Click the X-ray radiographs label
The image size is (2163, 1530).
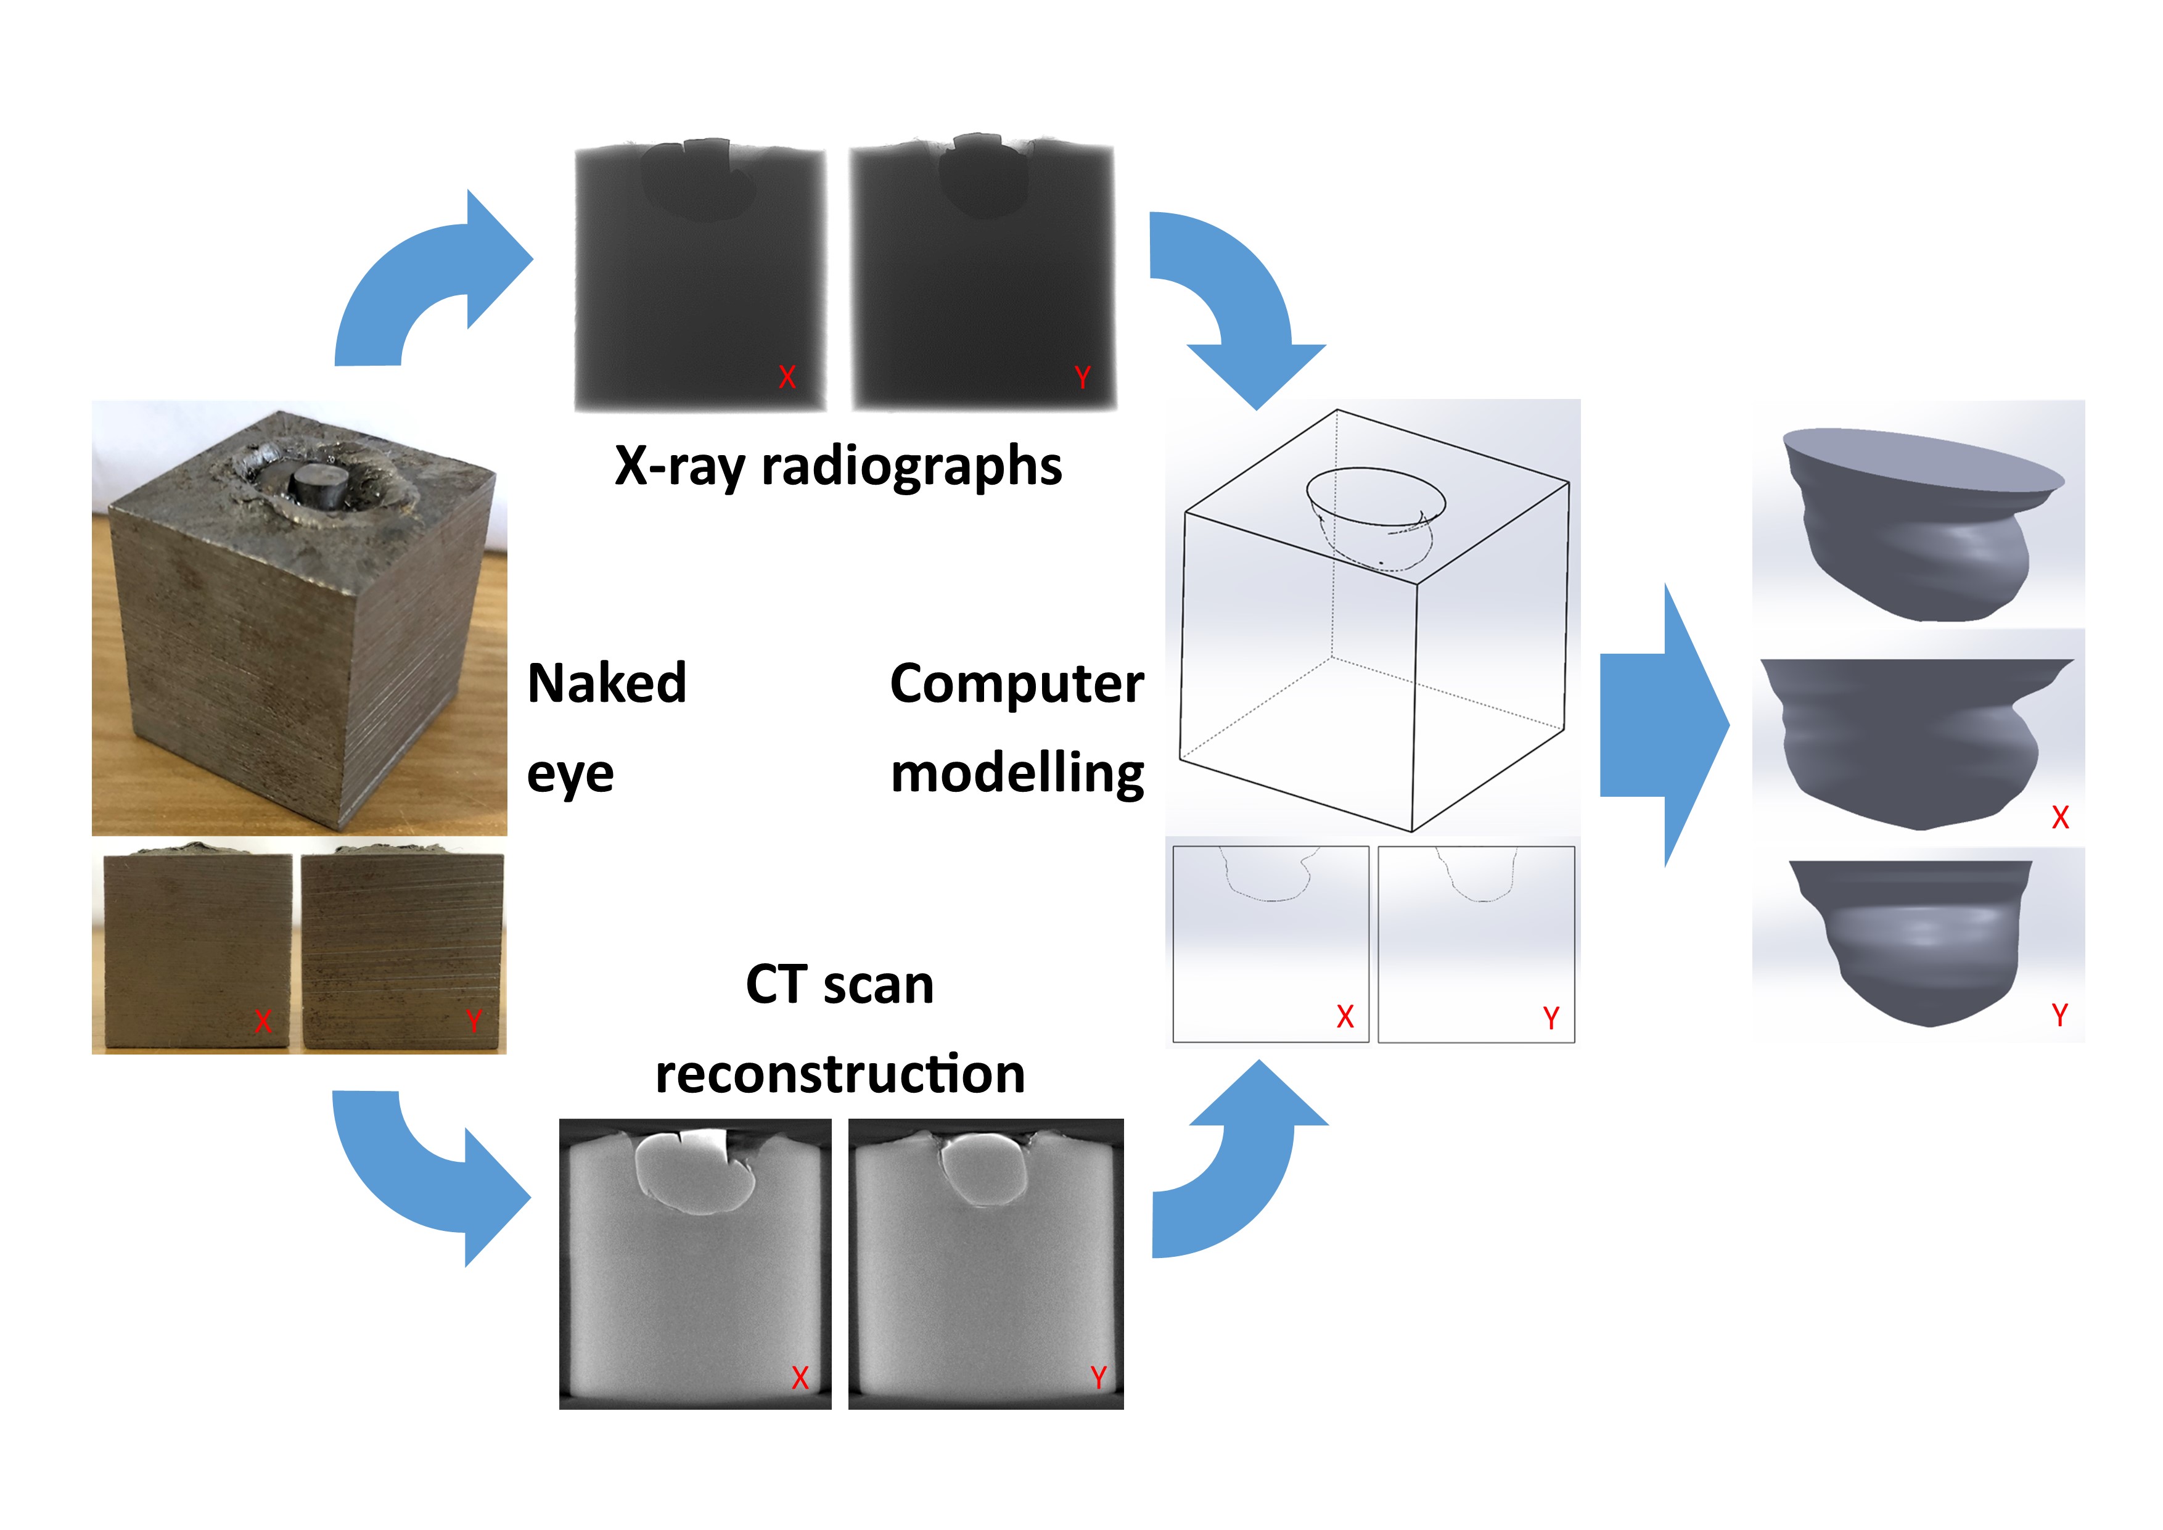pos(837,466)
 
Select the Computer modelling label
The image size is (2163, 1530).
pos(1017,726)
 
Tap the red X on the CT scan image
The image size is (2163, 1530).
pos(800,1378)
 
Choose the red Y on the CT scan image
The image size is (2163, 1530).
pos(1098,1378)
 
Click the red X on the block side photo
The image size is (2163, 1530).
pos(263,1021)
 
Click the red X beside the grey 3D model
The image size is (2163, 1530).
pos(2060,818)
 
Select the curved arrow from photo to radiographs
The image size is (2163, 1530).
pos(429,282)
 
